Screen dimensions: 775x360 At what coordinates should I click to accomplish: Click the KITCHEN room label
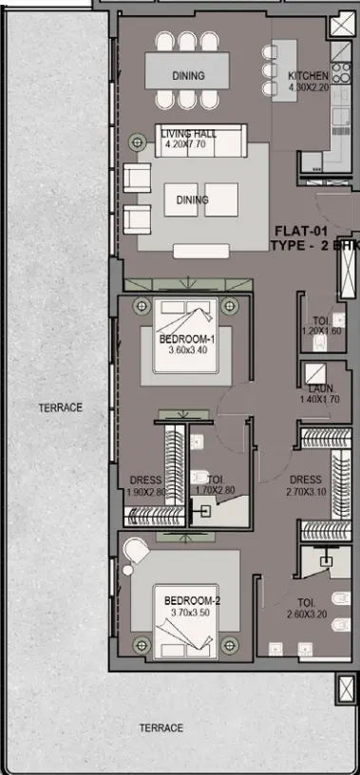point(310,76)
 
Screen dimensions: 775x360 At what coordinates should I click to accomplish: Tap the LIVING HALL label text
point(188,135)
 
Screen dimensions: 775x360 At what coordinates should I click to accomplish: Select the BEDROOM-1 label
point(187,339)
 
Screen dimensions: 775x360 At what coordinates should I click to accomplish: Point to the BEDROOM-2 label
point(192,601)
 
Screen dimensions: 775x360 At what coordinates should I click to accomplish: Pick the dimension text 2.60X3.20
point(306,614)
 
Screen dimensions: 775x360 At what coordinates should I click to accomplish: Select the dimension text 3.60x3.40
point(187,350)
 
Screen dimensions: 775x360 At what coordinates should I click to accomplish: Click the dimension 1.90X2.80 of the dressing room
point(145,492)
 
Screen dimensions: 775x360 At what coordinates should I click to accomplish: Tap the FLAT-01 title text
point(302,231)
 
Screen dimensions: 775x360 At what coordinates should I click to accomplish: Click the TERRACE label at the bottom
point(161,728)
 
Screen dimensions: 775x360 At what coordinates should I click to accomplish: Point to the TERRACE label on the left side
point(61,407)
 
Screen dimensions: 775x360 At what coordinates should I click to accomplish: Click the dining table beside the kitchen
point(188,74)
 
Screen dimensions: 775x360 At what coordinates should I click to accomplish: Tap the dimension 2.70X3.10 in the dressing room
point(306,492)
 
